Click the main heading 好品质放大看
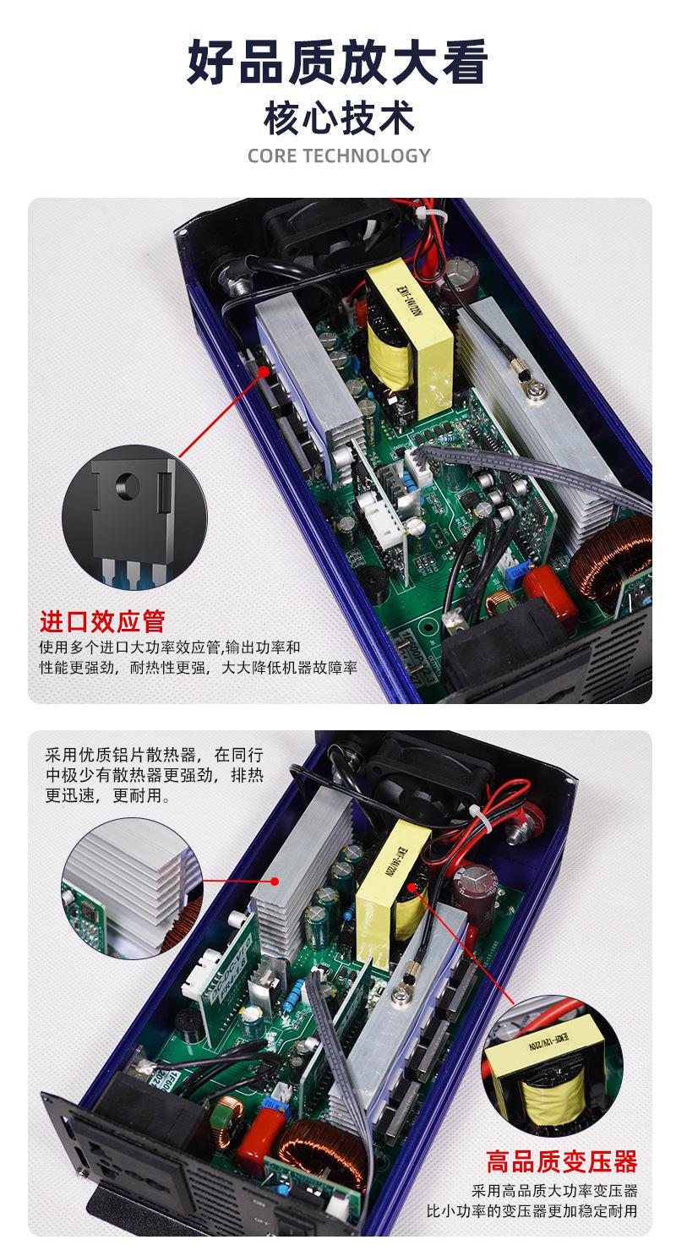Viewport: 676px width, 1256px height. pos(338,63)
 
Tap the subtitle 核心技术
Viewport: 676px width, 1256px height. pos(338,118)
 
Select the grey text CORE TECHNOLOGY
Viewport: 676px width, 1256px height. pos(338,156)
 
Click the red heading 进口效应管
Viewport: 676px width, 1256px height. pos(102,621)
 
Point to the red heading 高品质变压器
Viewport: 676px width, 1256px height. pos(561,1161)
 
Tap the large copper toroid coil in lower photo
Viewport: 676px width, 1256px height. pos(316,1150)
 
